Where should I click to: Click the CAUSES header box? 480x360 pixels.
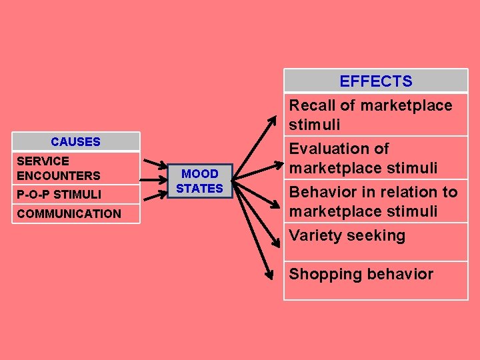click(x=75, y=141)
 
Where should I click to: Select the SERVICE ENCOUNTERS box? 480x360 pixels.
click(x=75, y=169)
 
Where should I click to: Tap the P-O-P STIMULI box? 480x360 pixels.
click(x=75, y=195)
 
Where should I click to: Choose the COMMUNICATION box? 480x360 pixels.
click(x=75, y=214)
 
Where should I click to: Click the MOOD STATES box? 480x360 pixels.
click(x=199, y=181)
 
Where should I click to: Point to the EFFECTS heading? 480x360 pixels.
click(x=375, y=81)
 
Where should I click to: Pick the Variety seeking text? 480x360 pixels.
click(x=347, y=235)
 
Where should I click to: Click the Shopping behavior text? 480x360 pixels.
click(x=361, y=274)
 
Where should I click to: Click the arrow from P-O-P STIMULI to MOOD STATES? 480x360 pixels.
click(x=155, y=191)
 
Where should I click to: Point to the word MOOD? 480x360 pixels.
click(x=200, y=174)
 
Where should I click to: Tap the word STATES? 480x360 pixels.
click(x=199, y=189)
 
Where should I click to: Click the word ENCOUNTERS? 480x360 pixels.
click(x=59, y=176)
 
